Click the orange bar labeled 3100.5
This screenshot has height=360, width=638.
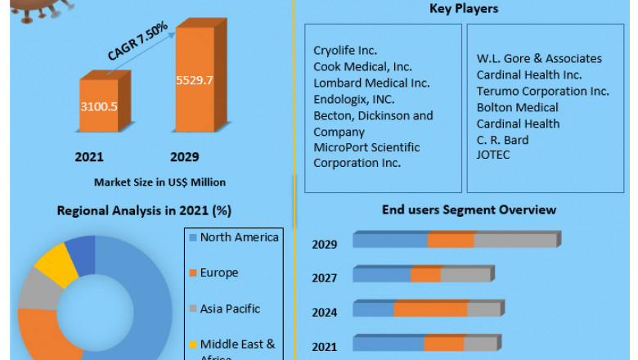pyautogui.click(x=98, y=106)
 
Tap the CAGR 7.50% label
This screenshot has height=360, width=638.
pyautogui.click(x=137, y=42)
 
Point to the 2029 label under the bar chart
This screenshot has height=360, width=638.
pyautogui.click(x=185, y=156)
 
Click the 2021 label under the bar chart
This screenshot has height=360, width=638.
pyautogui.click(x=89, y=156)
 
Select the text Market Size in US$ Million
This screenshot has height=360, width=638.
pyautogui.click(x=159, y=182)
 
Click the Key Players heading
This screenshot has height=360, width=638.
pyautogui.click(x=464, y=9)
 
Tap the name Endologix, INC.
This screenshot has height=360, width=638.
pyautogui.click(x=353, y=99)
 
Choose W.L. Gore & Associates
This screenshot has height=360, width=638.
pyautogui.click(x=539, y=58)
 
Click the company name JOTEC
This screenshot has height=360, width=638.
pyautogui.click(x=493, y=155)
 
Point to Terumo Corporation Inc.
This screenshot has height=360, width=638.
pyautogui.click(x=543, y=91)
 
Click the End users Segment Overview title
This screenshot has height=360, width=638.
pyautogui.click(x=469, y=209)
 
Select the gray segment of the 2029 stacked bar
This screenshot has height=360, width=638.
pyautogui.click(x=514, y=241)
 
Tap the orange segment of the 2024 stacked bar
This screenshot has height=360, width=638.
pyautogui.click(x=430, y=309)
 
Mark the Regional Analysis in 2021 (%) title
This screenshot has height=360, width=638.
pyautogui.click(x=144, y=210)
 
